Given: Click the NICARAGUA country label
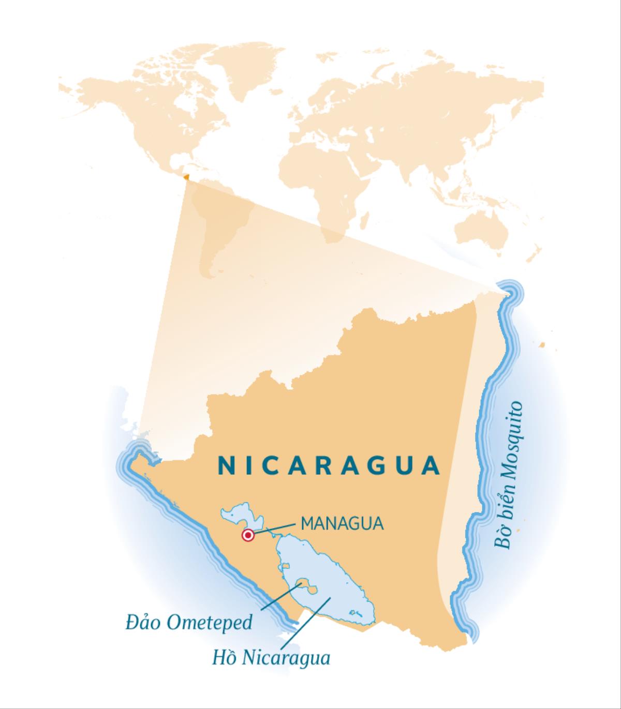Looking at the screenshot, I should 329,465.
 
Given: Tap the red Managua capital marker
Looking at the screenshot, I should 248,536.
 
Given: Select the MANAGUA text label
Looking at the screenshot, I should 342,523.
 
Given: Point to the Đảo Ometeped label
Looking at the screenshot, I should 189,622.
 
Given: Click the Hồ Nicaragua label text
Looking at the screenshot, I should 271,658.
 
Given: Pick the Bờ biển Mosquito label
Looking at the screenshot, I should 508,476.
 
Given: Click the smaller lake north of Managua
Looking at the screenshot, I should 236,515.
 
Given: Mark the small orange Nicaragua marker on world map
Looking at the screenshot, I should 186,177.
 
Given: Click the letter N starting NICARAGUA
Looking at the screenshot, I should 225,465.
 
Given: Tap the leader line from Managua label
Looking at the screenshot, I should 274,528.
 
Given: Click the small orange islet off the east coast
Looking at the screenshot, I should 542,344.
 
